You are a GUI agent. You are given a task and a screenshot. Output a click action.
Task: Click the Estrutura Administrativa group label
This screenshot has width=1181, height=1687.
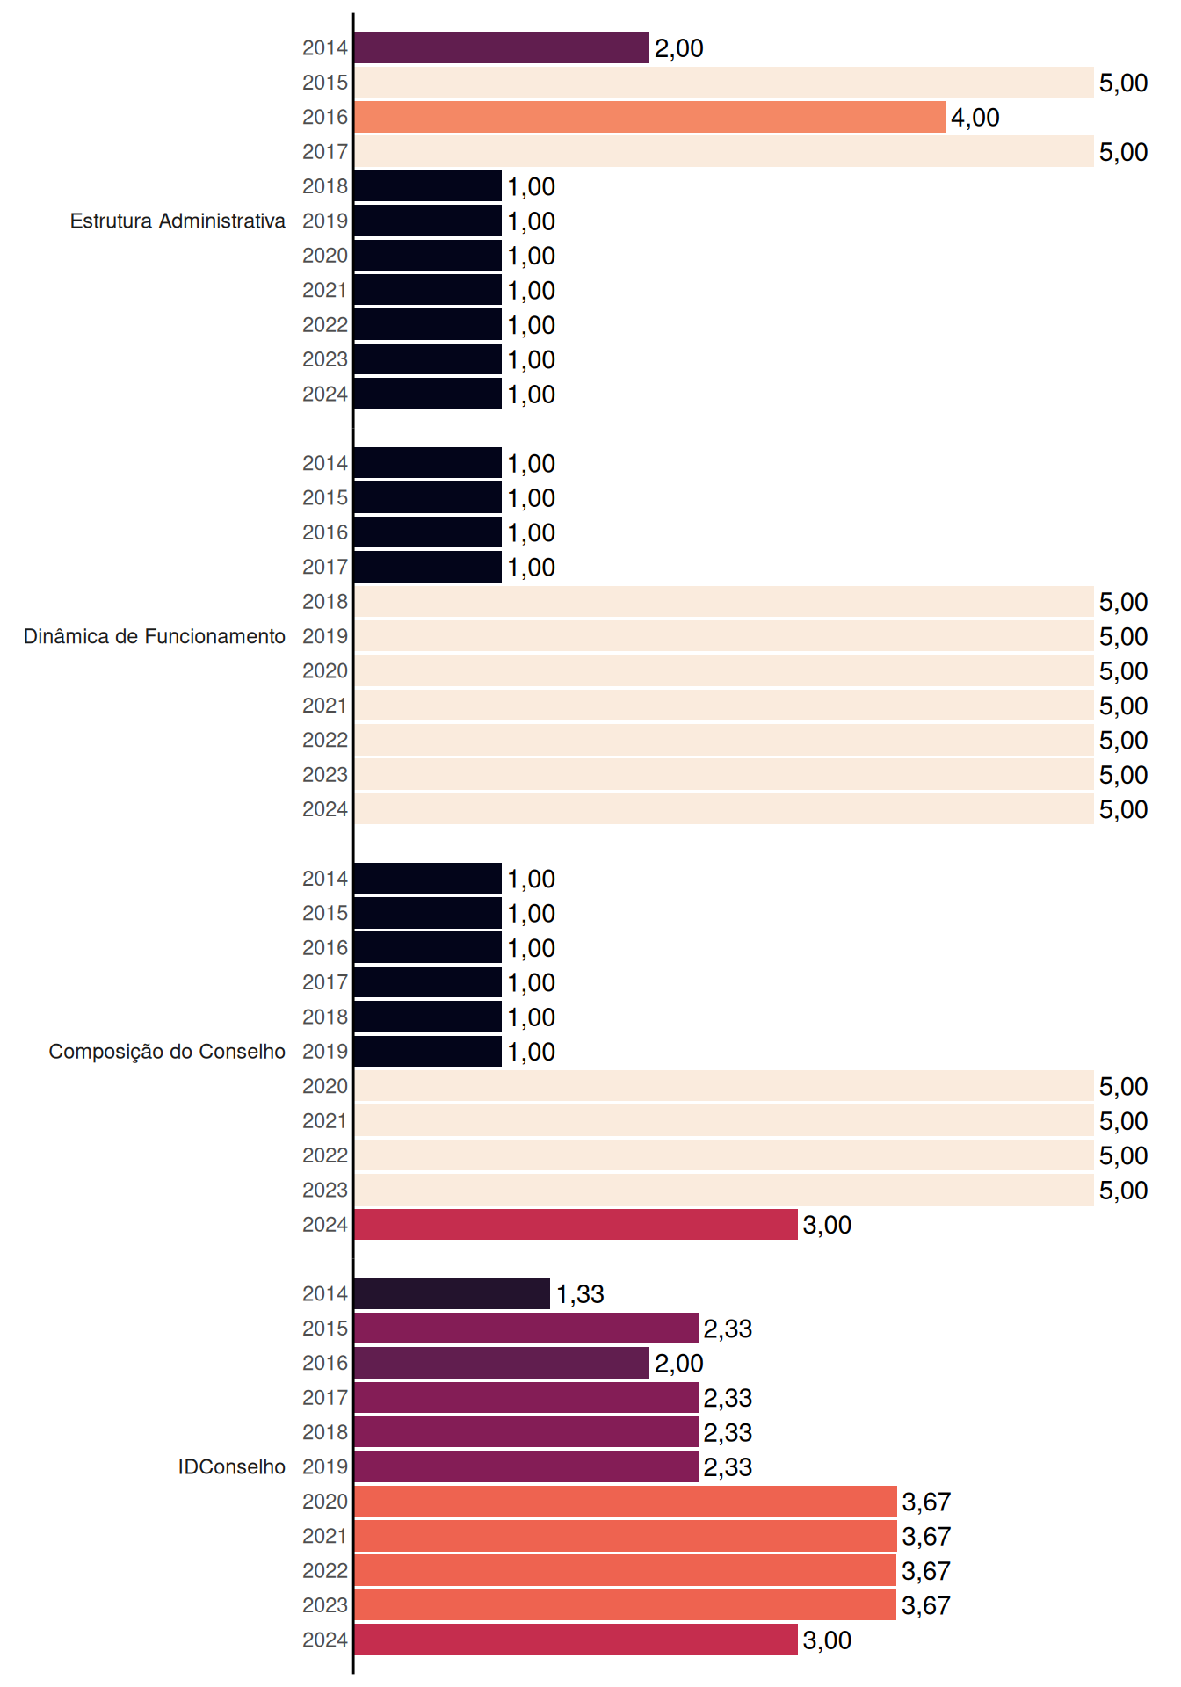coord(178,221)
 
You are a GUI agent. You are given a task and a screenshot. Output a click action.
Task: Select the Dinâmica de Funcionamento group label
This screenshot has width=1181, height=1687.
coord(155,636)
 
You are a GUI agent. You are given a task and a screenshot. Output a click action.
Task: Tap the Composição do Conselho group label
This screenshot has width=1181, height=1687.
coord(167,1052)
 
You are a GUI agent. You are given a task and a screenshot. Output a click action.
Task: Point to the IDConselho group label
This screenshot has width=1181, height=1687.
coord(232,1466)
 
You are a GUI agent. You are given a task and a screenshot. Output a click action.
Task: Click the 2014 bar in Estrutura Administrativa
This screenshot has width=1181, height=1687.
coord(502,47)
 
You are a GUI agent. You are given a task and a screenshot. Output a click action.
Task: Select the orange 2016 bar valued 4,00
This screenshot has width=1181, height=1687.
coord(649,117)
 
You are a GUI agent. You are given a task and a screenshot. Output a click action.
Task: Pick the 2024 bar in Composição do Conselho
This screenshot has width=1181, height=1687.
coord(576,1224)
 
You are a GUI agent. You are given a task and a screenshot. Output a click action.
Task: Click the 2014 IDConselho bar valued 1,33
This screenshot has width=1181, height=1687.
coord(452,1293)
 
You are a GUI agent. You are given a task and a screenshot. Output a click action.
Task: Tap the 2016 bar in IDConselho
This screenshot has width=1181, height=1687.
coord(502,1363)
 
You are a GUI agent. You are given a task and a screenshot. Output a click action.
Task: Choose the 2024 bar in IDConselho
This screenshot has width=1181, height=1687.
coord(576,1640)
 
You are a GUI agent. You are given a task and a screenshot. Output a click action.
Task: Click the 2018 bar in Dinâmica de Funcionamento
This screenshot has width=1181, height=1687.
coord(724,602)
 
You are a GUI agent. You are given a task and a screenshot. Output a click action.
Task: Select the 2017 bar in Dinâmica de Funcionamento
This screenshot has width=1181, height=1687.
coord(428,567)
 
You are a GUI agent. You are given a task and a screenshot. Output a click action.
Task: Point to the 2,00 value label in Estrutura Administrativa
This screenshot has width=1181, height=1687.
coord(678,48)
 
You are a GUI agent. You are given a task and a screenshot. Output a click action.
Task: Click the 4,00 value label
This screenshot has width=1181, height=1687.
coord(975,118)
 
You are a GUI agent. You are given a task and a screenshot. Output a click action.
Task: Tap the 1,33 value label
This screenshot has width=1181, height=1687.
coord(580,1294)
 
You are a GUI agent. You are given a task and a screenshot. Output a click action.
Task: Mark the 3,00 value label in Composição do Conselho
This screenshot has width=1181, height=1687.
coord(827,1225)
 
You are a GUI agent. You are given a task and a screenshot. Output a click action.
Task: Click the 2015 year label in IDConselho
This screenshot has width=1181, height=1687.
coord(325,1329)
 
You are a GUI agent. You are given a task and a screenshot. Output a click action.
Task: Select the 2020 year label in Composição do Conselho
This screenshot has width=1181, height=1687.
coord(325,1086)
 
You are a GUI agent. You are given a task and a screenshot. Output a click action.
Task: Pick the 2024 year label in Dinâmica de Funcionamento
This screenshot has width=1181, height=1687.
coord(325,809)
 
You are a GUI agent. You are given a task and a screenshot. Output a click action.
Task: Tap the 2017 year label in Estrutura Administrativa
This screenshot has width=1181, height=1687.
coord(325,152)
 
